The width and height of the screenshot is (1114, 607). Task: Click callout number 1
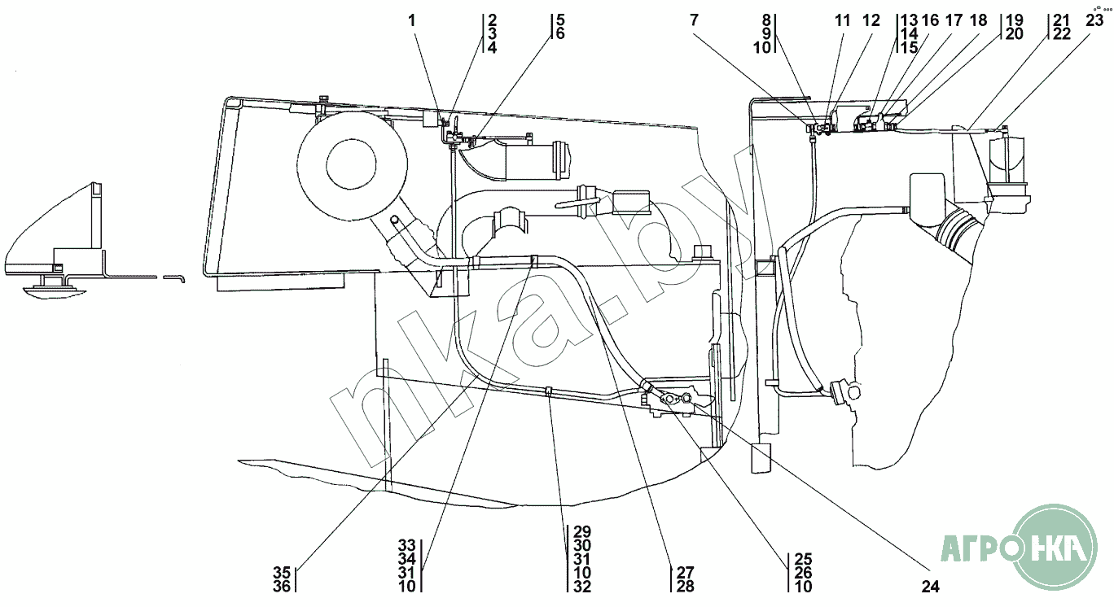coord(412,20)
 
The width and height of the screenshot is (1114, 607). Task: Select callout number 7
coord(694,20)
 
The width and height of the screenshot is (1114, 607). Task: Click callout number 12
coord(872,20)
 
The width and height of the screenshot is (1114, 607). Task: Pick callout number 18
coord(978,20)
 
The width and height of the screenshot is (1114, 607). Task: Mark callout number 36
coord(281,585)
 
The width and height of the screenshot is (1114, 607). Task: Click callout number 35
coord(281,572)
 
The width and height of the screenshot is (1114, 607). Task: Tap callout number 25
coord(804,559)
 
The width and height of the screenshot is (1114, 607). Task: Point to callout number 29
coord(581,531)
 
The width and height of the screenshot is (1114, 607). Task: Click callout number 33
coord(407,545)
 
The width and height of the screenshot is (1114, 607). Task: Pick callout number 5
coord(560,20)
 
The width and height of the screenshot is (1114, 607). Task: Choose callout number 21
coord(1059,20)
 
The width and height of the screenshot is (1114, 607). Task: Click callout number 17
coord(954,20)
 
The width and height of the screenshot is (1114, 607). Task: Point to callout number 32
coord(581,586)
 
